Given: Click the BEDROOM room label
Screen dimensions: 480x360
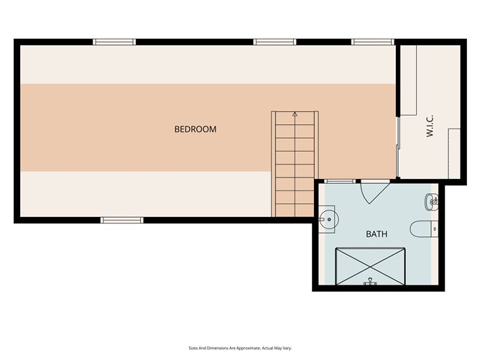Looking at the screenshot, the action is pyautogui.click(x=195, y=129).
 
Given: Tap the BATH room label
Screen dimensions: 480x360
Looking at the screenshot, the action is pyautogui.click(x=377, y=234).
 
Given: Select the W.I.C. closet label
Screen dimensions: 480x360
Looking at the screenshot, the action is pyautogui.click(x=430, y=126).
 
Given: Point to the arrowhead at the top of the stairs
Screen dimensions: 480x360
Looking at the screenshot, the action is pyautogui.click(x=295, y=114).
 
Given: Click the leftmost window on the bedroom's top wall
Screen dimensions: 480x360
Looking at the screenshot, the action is pyautogui.click(x=114, y=42).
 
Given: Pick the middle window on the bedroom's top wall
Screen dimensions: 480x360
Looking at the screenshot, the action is pyautogui.click(x=274, y=42).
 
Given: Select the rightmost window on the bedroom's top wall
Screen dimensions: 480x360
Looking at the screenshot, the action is pyautogui.click(x=372, y=42).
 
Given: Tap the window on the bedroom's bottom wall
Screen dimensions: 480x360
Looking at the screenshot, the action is pyautogui.click(x=122, y=220).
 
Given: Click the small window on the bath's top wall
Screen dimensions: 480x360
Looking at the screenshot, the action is pyautogui.click(x=340, y=181).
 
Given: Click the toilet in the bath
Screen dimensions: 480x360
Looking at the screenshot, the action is pyautogui.click(x=424, y=229).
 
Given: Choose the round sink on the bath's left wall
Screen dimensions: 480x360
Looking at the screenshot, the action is pyautogui.click(x=328, y=219).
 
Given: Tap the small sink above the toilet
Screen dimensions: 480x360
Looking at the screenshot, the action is pyautogui.click(x=432, y=202).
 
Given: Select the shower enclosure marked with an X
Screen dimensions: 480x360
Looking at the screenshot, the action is pyautogui.click(x=370, y=267).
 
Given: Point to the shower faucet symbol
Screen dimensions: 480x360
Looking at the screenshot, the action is pyautogui.click(x=370, y=282).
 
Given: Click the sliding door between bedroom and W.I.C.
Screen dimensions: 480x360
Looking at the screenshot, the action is pyautogui.click(x=397, y=147).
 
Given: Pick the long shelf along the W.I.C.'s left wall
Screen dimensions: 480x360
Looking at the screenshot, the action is pyautogui.click(x=408, y=80).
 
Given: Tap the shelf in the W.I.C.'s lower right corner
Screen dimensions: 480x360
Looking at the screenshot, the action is pyautogui.click(x=454, y=153).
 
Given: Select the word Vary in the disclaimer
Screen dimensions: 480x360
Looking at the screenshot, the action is pyautogui.click(x=287, y=348).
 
